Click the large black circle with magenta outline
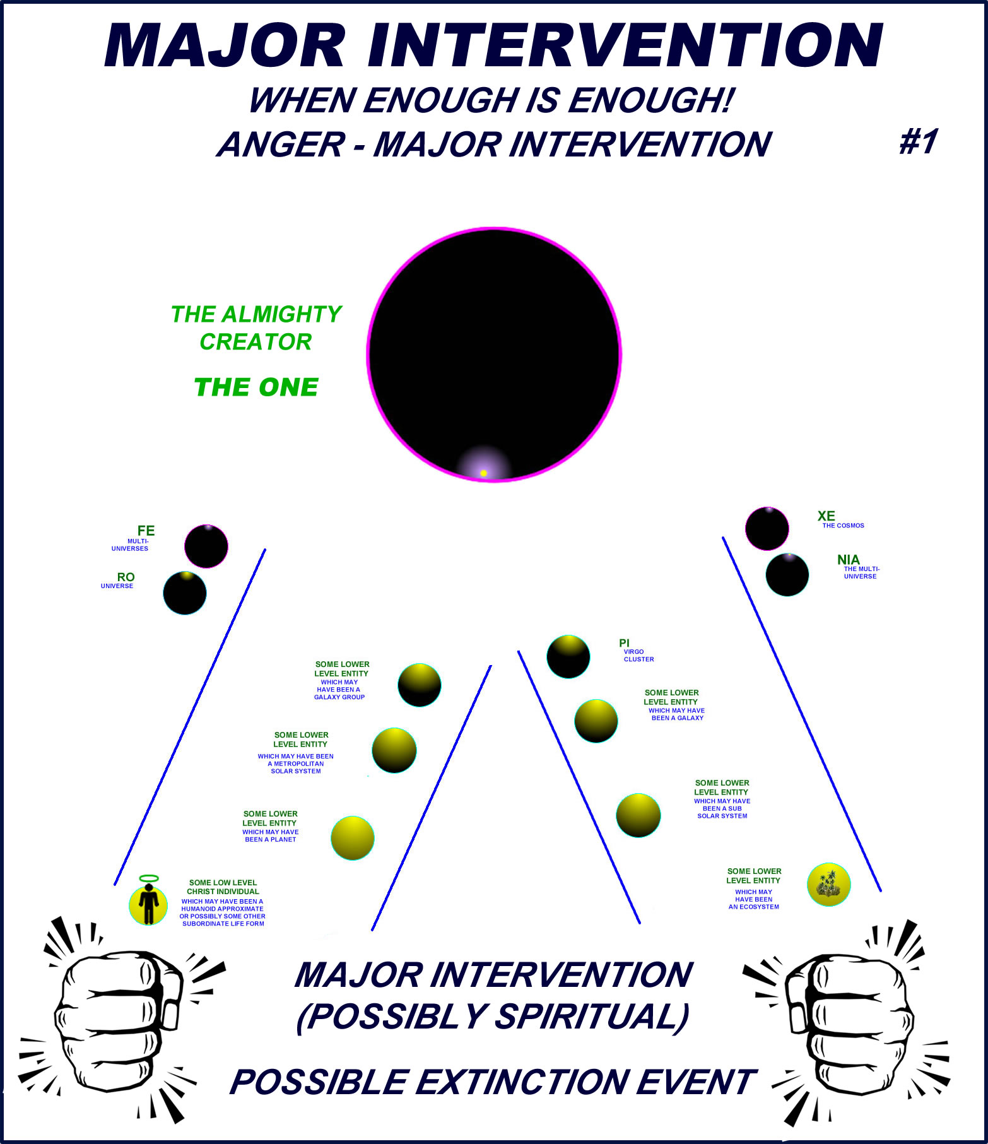(x=494, y=355)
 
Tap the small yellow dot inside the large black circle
(x=483, y=473)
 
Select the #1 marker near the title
(x=918, y=141)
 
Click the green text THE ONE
(x=256, y=387)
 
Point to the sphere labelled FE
(x=206, y=546)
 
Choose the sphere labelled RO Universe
(x=185, y=593)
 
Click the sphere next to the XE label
(x=767, y=529)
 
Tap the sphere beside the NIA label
(x=787, y=575)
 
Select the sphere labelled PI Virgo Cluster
(x=568, y=657)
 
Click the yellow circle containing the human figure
(x=148, y=905)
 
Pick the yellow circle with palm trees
(x=829, y=885)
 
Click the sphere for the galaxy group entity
(x=420, y=685)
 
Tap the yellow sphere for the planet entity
(x=353, y=838)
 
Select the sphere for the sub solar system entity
(x=638, y=815)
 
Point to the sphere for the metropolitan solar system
(x=394, y=750)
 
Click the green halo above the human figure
(x=149, y=878)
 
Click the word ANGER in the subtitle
(x=281, y=144)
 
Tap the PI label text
(x=624, y=643)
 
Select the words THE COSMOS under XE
(x=843, y=526)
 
